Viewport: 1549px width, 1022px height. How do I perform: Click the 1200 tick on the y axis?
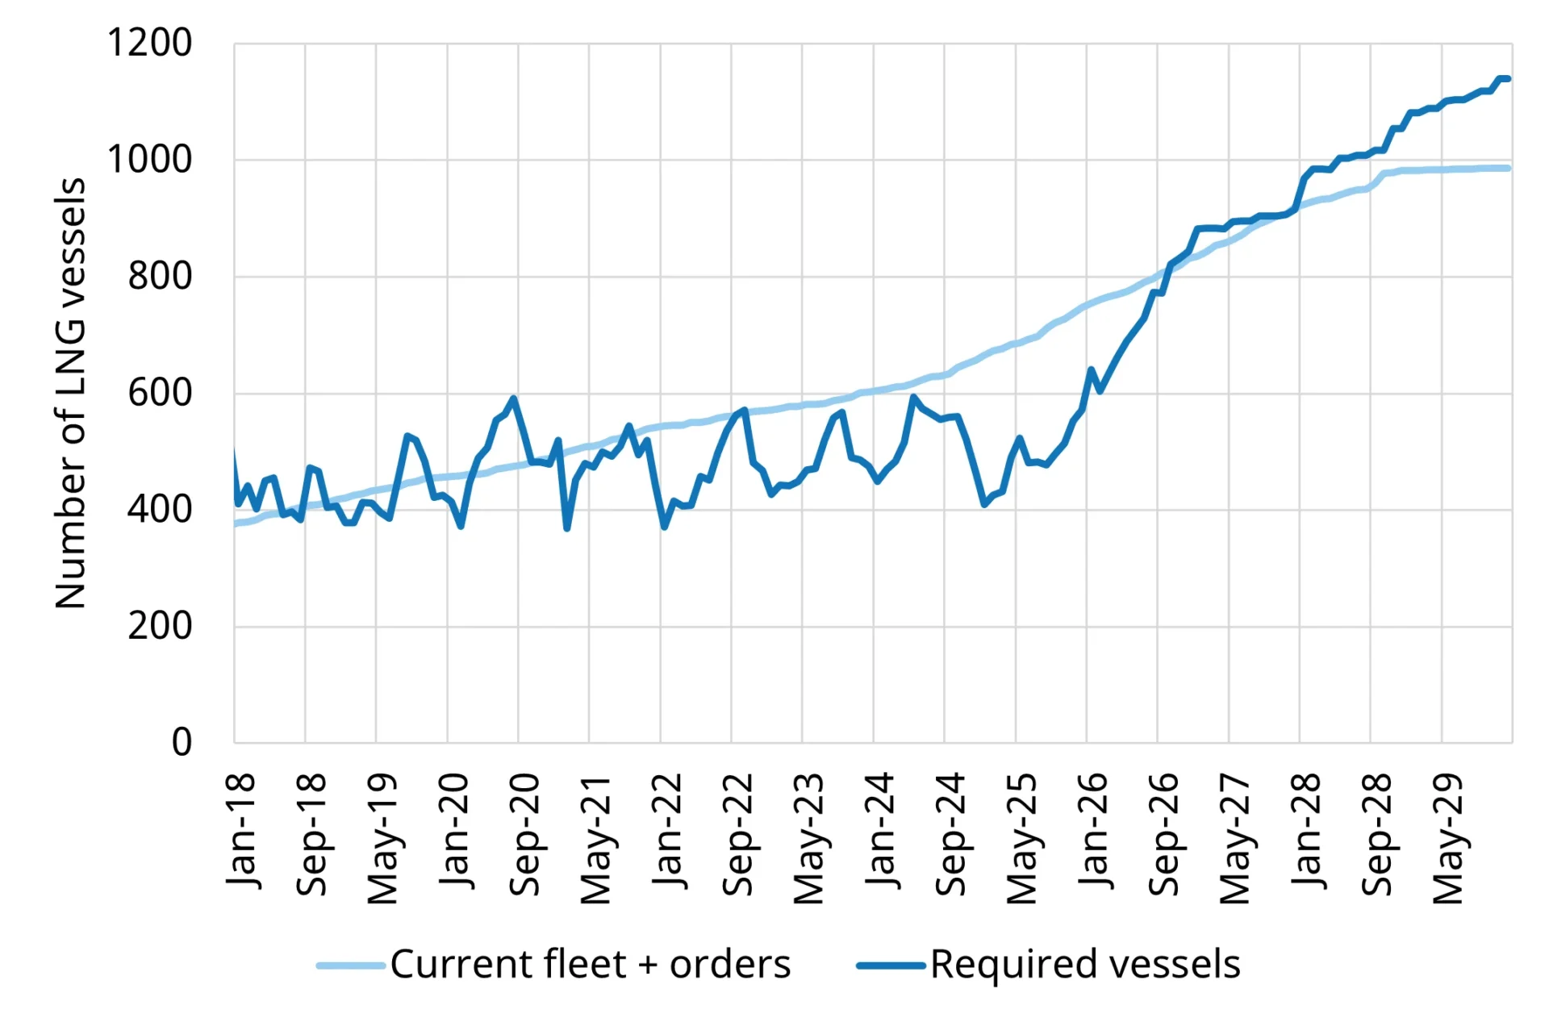[149, 44]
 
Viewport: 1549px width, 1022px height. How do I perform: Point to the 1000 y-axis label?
[149, 160]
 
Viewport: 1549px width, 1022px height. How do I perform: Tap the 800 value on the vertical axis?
[160, 277]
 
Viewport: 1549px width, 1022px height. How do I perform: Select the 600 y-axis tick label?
[160, 394]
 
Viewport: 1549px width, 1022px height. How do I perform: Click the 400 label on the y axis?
[160, 510]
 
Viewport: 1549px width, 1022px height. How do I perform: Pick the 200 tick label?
[160, 626]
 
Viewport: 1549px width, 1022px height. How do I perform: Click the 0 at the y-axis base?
[182, 742]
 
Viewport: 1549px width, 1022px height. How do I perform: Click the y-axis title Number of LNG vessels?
[71, 393]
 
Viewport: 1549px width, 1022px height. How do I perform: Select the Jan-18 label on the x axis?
[240, 831]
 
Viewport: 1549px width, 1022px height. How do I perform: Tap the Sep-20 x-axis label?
[524, 835]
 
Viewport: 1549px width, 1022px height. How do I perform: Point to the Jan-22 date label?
[666, 831]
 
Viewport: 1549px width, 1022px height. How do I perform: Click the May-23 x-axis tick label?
[808, 839]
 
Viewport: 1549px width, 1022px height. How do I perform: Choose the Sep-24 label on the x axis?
[950, 835]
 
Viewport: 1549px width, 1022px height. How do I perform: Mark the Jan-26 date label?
[1092, 831]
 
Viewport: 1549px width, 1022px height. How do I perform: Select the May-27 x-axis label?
[1234, 839]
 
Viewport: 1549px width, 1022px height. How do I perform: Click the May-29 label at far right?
[1447, 839]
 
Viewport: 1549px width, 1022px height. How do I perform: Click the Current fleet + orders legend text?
[590, 965]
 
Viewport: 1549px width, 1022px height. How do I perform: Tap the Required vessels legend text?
[1085, 965]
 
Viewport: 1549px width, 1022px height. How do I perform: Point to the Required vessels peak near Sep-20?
[513, 398]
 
